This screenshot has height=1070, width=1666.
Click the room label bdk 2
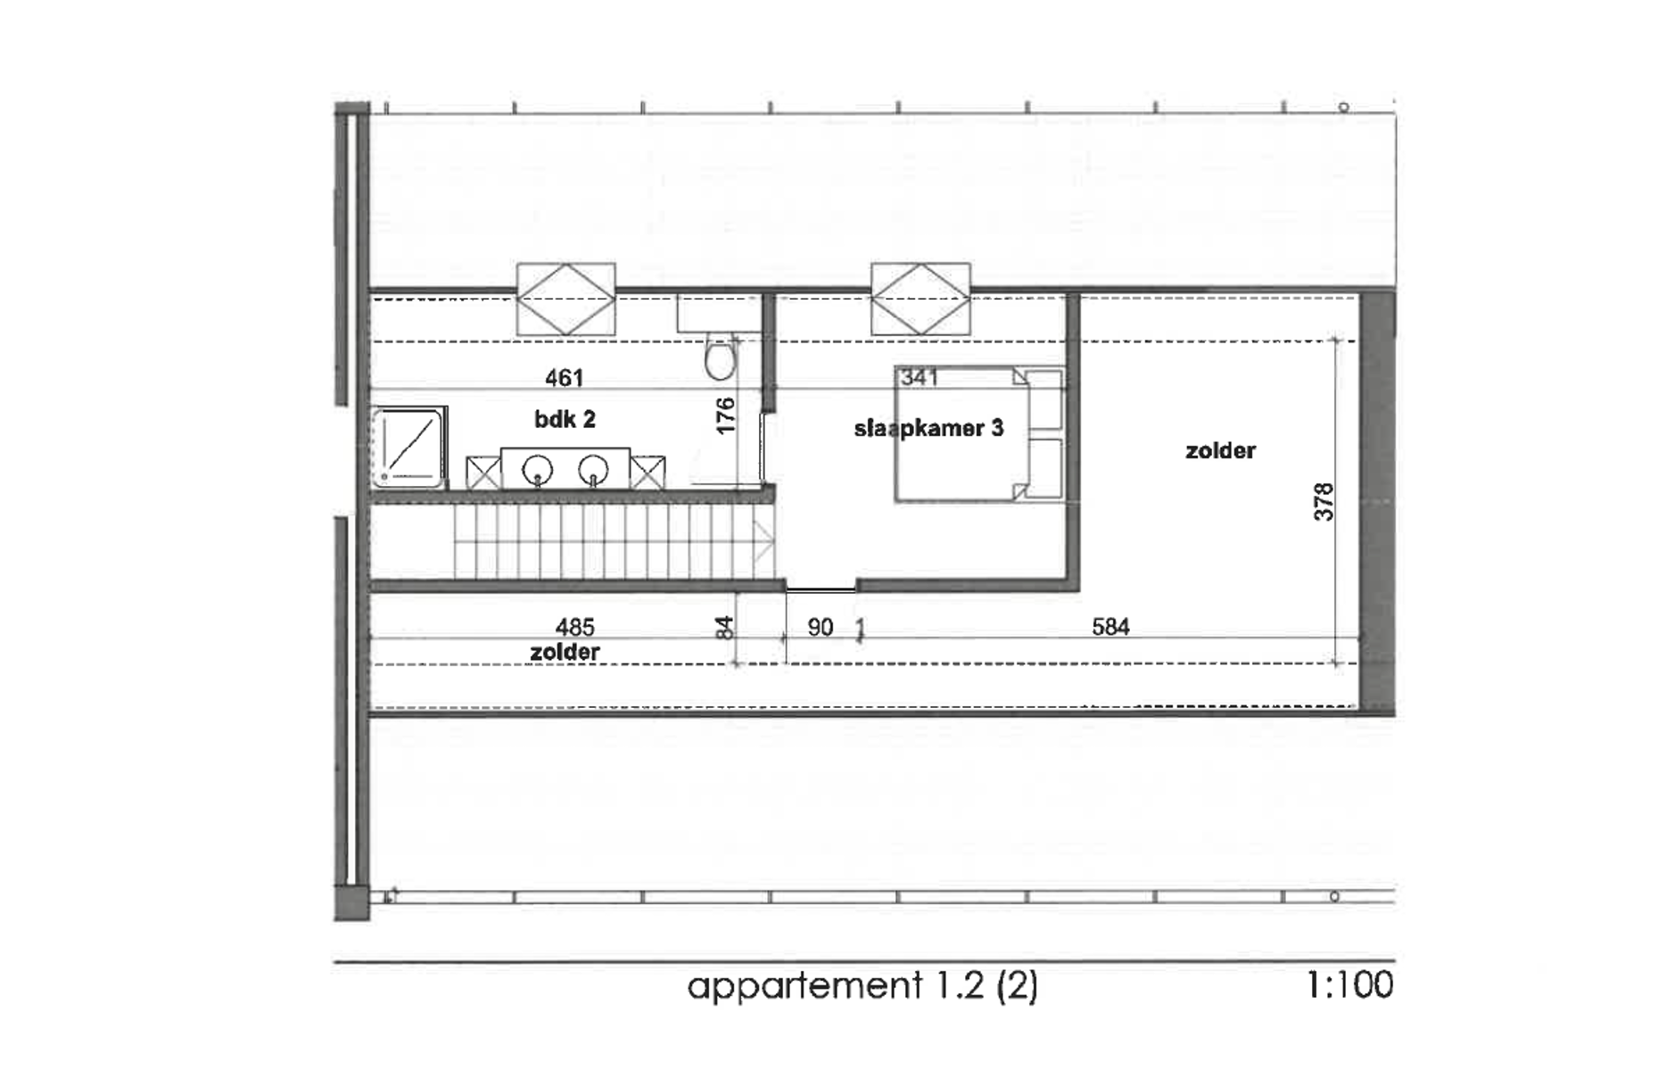565,419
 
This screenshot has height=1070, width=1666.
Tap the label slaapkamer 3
928,429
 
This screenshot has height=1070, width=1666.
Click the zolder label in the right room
1220,451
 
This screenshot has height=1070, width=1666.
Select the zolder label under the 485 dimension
565,653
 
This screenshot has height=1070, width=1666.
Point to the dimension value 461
564,379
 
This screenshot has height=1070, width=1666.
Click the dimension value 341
919,378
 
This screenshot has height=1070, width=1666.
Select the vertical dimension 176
726,416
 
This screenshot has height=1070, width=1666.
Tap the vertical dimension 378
1324,502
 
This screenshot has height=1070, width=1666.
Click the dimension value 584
1110,628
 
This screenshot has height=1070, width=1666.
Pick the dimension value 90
820,628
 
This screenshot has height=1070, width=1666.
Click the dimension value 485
574,628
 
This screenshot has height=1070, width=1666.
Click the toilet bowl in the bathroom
720,360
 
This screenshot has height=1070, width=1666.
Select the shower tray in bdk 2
408,448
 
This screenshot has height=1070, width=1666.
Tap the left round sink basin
538,469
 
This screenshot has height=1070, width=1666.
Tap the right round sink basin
593,469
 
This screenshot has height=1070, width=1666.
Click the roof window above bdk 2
565,299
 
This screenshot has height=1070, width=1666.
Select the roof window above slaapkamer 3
920,299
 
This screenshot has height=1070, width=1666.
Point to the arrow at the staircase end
763,539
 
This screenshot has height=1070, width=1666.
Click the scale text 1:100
1349,985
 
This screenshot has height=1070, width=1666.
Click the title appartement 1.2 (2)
862,986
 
